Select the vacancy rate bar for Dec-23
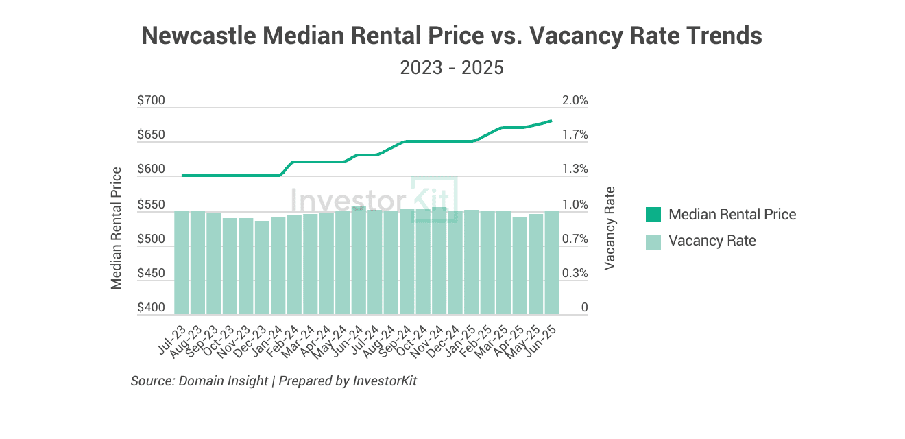click(x=262, y=268)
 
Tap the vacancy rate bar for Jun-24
click(x=359, y=260)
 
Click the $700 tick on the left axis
click(x=151, y=101)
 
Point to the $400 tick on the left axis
click(x=151, y=308)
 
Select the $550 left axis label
click(x=151, y=205)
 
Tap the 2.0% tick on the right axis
click(x=575, y=101)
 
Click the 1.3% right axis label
click(x=575, y=169)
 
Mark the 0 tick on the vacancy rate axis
click(x=584, y=308)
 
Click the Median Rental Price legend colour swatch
click(x=653, y=215)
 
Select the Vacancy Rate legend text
click(x=712, y=241)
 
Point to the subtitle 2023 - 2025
click(x=452, y=69)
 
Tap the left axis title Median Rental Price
click(x=117, y=228)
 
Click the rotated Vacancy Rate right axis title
click(x=610, y=228)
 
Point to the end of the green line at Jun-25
click(x=552, y=121)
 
